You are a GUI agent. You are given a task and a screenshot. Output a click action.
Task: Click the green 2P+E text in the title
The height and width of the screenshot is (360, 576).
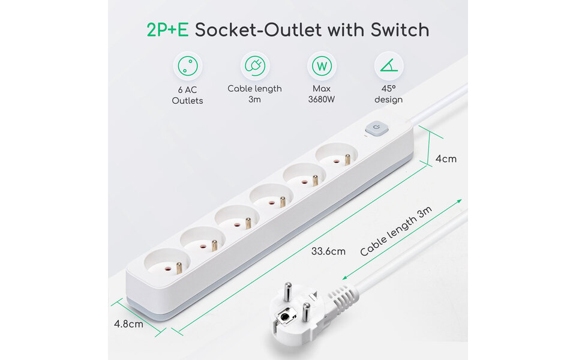(x=167, y=30)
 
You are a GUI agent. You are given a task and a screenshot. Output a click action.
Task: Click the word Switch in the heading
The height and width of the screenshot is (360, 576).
(x=399, y=30)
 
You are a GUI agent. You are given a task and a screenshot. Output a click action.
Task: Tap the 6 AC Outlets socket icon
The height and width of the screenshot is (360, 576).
(x=188, y=65)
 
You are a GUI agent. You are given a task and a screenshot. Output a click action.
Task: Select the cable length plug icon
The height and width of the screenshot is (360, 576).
(x=254, y=65)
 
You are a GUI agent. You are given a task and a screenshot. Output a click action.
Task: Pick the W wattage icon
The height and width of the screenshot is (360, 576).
(x=322, y=65)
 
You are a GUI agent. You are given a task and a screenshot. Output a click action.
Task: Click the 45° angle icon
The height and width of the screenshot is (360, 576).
(x=388, y=65)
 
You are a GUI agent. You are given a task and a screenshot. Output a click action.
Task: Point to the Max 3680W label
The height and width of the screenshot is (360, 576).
(x=322, y=94)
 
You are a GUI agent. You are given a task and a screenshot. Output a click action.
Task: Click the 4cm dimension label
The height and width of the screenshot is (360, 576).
(x=446, y=159)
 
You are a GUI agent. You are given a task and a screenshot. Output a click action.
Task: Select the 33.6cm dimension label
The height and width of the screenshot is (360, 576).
(x=328, y=251)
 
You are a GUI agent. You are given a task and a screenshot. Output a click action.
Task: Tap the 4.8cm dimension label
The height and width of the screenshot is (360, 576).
(x=128, y=324)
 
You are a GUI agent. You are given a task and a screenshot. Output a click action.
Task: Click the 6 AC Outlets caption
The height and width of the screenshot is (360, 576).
(x=187, y=95)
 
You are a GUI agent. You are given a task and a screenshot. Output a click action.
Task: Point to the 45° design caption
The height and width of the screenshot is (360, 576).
(x=388, y=94)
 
